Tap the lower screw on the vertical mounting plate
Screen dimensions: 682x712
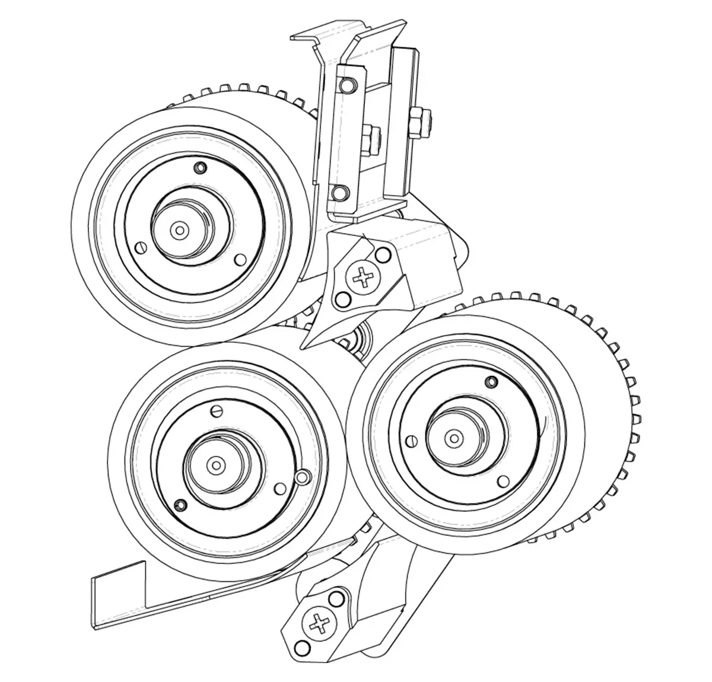coord(339,192)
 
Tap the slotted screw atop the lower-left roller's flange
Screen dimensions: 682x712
coord(216,410)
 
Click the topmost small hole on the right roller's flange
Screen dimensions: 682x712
coord(490,380)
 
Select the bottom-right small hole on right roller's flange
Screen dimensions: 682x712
coord(503,480)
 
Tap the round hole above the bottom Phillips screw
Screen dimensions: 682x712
coord(338,596)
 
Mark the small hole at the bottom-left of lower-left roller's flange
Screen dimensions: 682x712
coord(177,505)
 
